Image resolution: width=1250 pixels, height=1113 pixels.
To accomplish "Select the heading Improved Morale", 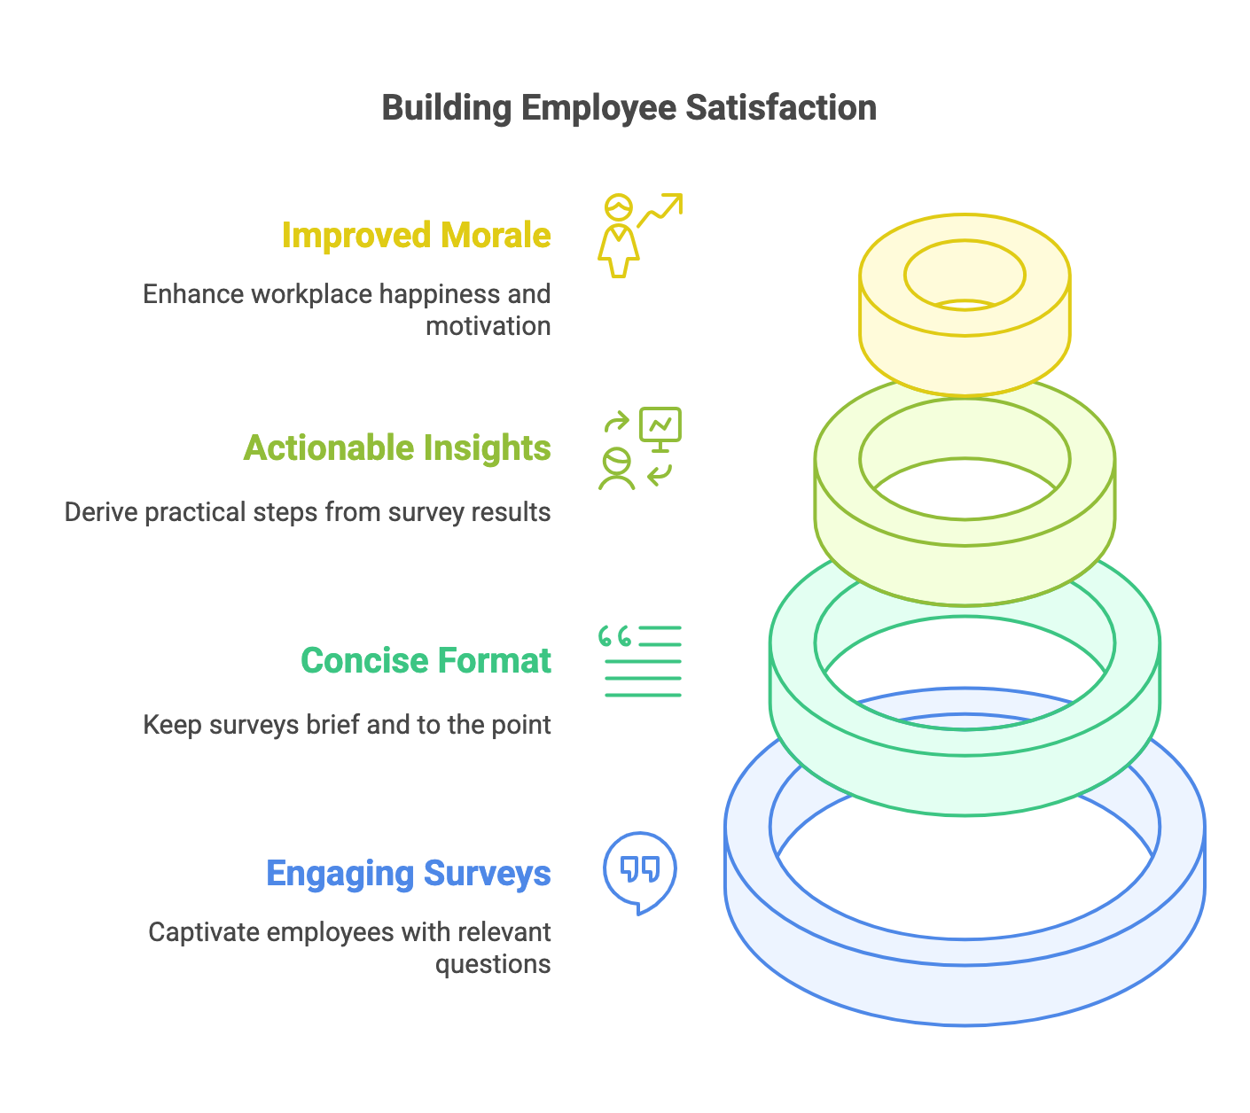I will (416, 236).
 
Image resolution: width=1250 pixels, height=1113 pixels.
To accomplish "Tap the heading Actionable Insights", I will (397, 448).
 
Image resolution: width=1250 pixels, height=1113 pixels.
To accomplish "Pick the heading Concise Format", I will (426, 661).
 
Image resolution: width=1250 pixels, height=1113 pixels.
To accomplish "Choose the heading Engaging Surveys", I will (409, 874).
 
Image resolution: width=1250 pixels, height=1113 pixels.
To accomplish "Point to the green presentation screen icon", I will (660, 426).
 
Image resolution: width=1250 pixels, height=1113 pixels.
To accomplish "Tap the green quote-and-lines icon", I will (640, 661).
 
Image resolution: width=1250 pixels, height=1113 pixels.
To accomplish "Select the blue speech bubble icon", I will (640, 872).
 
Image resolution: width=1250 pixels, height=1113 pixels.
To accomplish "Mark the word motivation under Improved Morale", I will (488, 326).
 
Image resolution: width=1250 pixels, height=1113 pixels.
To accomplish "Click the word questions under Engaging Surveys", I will (493, 964).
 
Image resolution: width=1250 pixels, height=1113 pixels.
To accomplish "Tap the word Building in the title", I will (447, 108).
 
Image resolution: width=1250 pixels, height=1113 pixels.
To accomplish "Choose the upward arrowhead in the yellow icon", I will (676, 201).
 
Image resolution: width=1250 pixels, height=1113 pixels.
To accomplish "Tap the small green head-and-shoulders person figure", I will (616, 470).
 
